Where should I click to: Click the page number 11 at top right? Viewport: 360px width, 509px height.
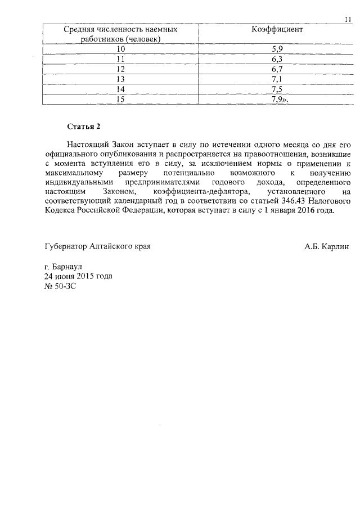tap(348, 20)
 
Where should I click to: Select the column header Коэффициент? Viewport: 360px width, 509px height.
tap(276, 29)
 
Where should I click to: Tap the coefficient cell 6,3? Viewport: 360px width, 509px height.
tap(276, 60)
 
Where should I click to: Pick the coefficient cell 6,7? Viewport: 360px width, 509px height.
tap(276, 69)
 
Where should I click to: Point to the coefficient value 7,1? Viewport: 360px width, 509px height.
tap(276, 79)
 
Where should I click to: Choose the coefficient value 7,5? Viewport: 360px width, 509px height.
tap(276, 89)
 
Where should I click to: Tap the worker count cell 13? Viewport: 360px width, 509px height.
tap(120, 79)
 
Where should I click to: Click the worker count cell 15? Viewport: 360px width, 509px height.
tap(120, 100)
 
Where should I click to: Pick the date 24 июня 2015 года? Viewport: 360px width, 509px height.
tap(78, 276)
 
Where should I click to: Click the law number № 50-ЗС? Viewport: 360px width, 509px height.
tap(60, 286)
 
